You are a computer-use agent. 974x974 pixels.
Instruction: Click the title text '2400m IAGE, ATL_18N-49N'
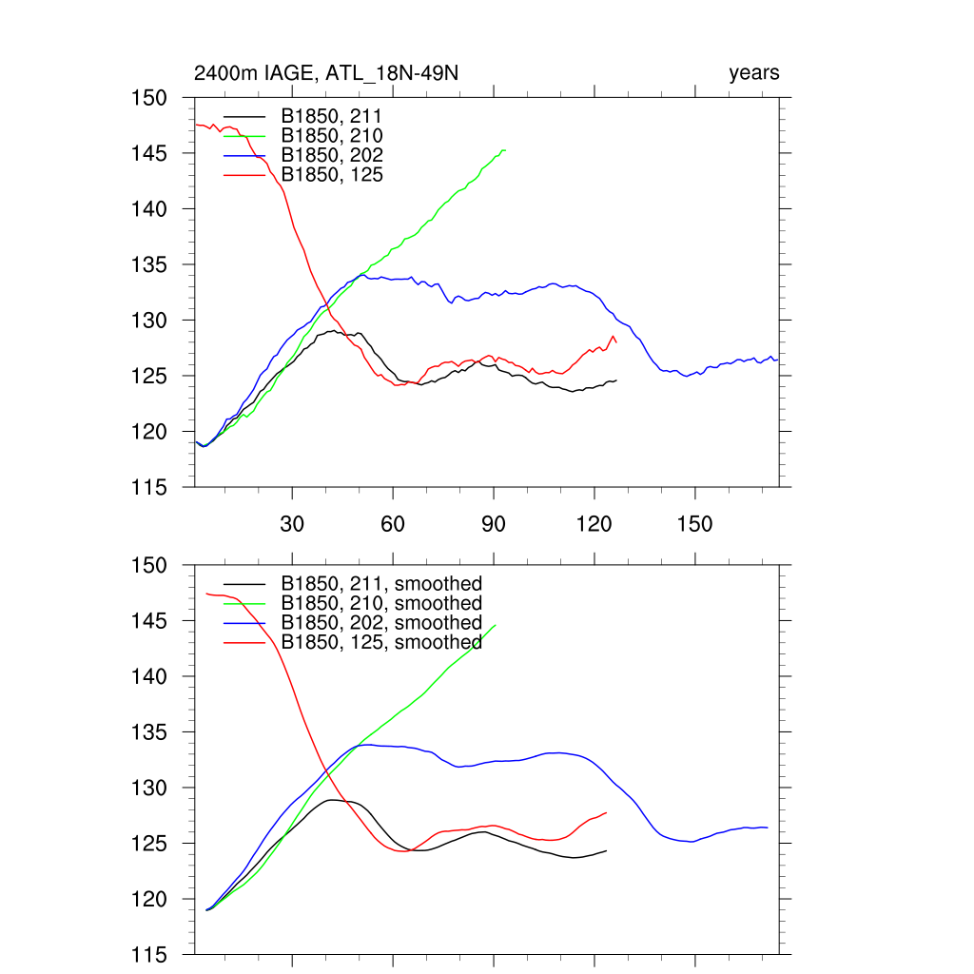(328, 73)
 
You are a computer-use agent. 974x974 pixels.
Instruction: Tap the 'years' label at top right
(754, 73)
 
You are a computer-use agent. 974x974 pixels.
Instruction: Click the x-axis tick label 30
(292, 526)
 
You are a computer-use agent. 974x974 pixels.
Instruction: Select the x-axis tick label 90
(494, 526)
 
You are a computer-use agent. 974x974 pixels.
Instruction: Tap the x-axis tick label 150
(694, 526)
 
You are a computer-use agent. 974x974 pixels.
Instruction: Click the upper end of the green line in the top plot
(505, 150)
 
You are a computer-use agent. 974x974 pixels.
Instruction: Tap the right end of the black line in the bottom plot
(606, 850)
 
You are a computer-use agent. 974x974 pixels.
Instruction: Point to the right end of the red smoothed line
(606, 812)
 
